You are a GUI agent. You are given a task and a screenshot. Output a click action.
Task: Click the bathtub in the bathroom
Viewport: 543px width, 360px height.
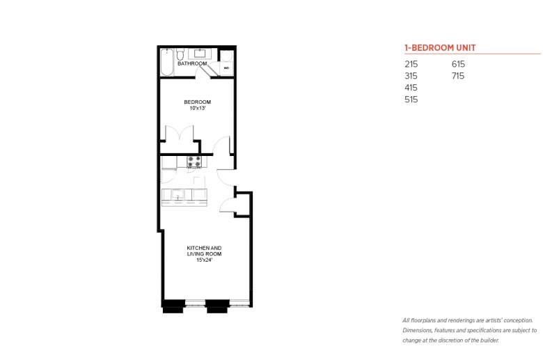167,62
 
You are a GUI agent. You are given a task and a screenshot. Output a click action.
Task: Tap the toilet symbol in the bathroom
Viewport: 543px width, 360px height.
180,55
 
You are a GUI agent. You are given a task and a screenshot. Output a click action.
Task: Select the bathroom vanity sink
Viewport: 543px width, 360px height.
200,54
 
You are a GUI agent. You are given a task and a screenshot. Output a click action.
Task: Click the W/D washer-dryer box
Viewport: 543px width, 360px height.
226,68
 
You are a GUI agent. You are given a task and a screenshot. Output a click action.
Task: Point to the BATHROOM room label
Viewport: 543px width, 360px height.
192,64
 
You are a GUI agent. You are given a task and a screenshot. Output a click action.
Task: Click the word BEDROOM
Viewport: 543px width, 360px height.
198,102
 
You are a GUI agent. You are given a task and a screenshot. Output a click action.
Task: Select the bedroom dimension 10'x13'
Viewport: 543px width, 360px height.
198,108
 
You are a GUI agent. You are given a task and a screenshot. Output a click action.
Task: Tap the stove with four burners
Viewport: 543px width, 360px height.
194,162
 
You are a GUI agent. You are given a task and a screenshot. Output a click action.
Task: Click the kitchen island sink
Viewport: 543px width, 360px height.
178,194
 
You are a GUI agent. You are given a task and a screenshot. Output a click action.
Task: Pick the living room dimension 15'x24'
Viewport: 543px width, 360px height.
204,260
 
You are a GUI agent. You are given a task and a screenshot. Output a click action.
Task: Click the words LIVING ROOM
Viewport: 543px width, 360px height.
204,254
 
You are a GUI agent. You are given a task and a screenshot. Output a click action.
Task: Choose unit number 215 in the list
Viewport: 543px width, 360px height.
411,64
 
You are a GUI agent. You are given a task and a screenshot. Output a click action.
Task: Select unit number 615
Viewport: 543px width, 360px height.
458,64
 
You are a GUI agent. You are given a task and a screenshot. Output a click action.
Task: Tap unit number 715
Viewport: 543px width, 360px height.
458,76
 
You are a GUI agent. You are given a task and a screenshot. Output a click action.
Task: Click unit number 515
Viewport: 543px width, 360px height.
411,100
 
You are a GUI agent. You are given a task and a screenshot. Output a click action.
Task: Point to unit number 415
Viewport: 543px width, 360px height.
411,88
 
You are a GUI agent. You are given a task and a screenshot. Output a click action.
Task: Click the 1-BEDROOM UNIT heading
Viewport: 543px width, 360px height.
440,48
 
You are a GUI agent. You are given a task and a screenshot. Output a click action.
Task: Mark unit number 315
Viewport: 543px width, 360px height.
411,76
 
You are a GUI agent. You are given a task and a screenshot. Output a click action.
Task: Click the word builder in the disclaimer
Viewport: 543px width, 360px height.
489,341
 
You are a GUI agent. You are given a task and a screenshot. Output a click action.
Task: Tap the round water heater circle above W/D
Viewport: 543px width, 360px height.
226,56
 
